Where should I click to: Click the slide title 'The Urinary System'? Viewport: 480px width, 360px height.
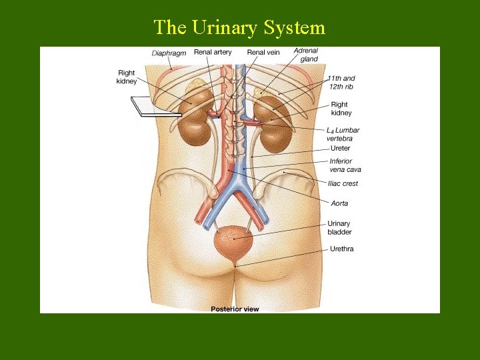pos(239,27)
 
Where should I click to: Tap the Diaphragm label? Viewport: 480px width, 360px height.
pos(169,53)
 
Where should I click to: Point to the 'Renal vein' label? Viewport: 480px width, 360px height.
pos(263,52)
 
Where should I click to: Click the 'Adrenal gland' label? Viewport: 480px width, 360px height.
pos(306,55)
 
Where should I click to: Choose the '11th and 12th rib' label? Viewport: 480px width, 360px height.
pos(341,83)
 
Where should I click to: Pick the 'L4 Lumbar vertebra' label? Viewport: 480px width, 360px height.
pos(343,134)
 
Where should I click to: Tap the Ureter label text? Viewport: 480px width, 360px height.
pos(340,148)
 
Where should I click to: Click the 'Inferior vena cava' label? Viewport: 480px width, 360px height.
pos(345,165)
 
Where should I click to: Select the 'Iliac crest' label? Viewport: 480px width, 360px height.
pos(343,183)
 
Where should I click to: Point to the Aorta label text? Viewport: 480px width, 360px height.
pos(339,203)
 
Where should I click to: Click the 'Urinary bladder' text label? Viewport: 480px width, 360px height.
pos(339,228)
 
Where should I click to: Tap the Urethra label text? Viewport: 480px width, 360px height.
pos(341,249)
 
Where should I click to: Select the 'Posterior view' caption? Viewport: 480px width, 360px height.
pos(235,309)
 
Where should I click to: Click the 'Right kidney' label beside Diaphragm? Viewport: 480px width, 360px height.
pos(127,77)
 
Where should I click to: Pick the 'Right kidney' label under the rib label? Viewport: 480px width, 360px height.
pos(340,109)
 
